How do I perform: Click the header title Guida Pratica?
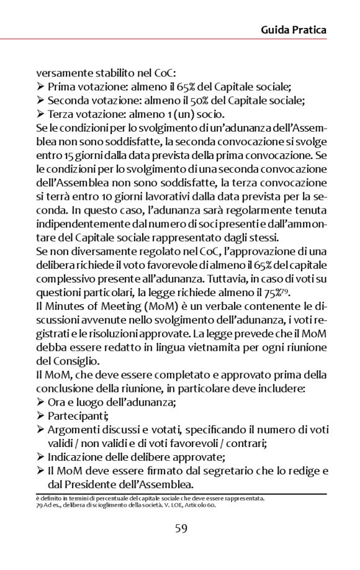point(293,29)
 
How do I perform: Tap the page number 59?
point(181,528)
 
